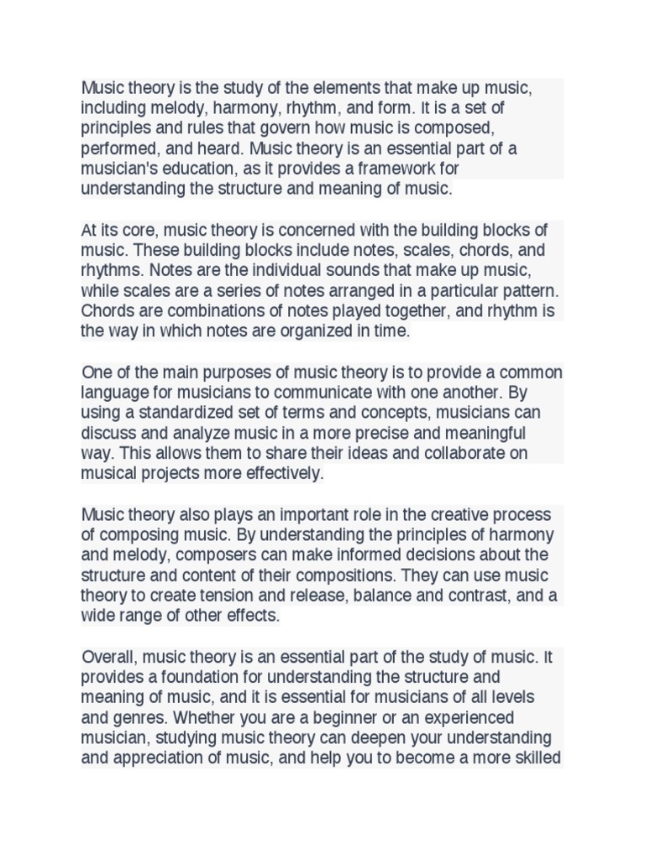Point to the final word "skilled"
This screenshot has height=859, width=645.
pyautogui.click(x=535, y=758)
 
